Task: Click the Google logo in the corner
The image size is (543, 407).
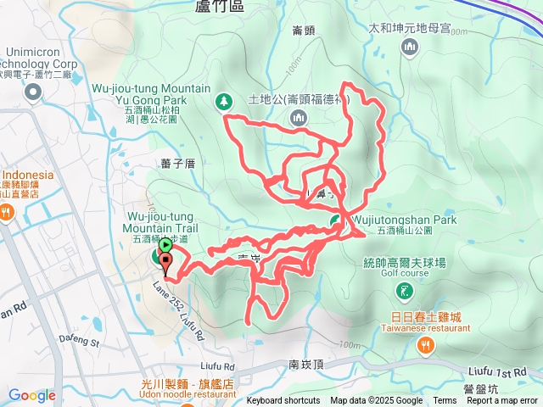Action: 31,395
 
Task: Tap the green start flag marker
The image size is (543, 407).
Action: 165,246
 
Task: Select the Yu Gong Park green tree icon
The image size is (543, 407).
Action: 224,102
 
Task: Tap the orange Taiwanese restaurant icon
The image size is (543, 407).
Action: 425,345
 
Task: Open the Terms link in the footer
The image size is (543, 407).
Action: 445,401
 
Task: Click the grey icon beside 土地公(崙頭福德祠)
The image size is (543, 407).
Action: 299,117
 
